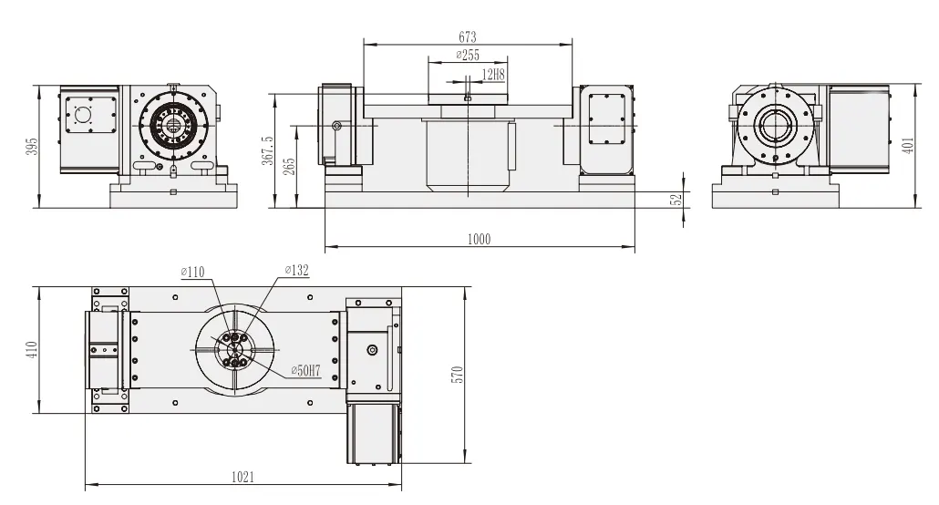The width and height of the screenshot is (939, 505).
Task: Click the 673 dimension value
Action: point(467,37)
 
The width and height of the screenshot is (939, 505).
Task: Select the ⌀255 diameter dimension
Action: point(467,56)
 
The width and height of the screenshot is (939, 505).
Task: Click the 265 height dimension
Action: point(290,167)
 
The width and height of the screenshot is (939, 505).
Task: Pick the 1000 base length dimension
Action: point(479,240)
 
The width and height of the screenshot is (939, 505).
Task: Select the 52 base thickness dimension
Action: point(676,200)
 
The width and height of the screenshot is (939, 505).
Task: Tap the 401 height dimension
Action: point(907,147)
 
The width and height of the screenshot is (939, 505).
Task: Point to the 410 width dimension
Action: point(32,350)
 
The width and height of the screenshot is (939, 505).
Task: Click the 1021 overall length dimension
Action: point(242,477)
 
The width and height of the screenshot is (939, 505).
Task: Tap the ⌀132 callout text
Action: point(297,270)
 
